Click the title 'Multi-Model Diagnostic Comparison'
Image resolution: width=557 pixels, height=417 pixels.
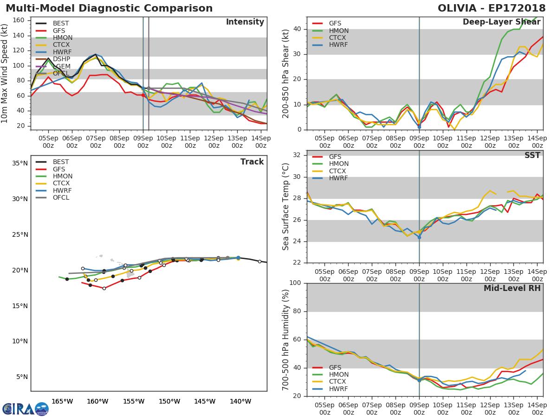[x=109, y=8]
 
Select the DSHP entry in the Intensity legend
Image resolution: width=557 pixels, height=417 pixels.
[x=61, y=59]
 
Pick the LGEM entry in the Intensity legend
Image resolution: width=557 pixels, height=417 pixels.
[x=61, y=66]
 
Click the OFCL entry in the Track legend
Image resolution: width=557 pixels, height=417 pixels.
[x=61, y=197]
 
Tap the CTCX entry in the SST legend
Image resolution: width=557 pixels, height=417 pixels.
[x=338, y=171]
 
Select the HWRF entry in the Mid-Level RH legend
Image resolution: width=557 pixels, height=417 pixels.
[x=338, y=389]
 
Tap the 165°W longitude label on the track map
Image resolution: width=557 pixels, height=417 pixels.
[x=62, y=401]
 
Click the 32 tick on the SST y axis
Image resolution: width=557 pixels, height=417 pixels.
[x=298, y=155]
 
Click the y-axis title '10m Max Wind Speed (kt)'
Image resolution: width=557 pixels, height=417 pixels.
[x=5, y=73]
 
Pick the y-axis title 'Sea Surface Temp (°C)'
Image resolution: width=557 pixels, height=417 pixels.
[x=286, y=207]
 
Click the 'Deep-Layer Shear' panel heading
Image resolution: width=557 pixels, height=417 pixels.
[x=501, y=22]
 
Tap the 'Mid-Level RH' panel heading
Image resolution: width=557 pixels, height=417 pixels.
[x=512, y=288]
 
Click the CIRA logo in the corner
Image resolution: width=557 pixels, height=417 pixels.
[x=26, y=409]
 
